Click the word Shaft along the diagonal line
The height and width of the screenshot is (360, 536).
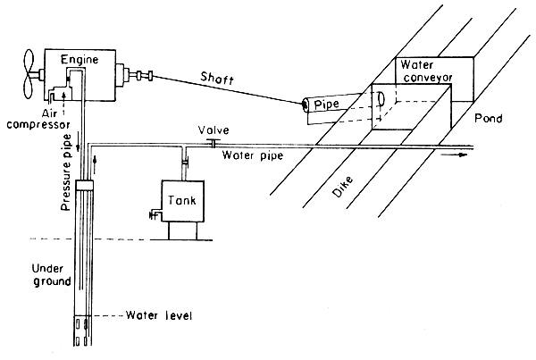point(216,79)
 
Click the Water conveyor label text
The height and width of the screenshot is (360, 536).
point(427,71)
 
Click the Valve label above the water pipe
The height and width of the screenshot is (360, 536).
point(215,130)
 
